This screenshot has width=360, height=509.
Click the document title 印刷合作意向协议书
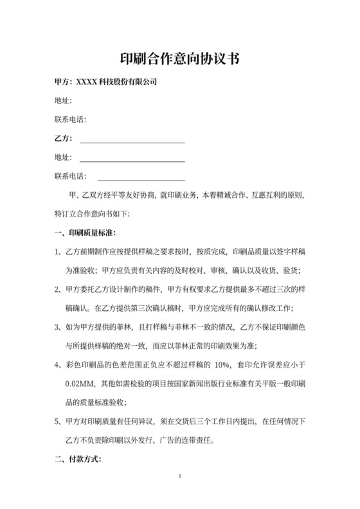(179, 59)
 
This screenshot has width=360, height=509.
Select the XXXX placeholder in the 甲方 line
(85, 82)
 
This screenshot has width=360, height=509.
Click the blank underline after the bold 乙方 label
(132, 139)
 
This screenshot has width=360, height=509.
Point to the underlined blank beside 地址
(132, 157)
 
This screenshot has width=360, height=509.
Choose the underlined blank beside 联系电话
(141, 176)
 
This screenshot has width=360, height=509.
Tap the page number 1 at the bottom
(180, 476)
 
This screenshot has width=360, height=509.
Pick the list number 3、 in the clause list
(57, 328)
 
